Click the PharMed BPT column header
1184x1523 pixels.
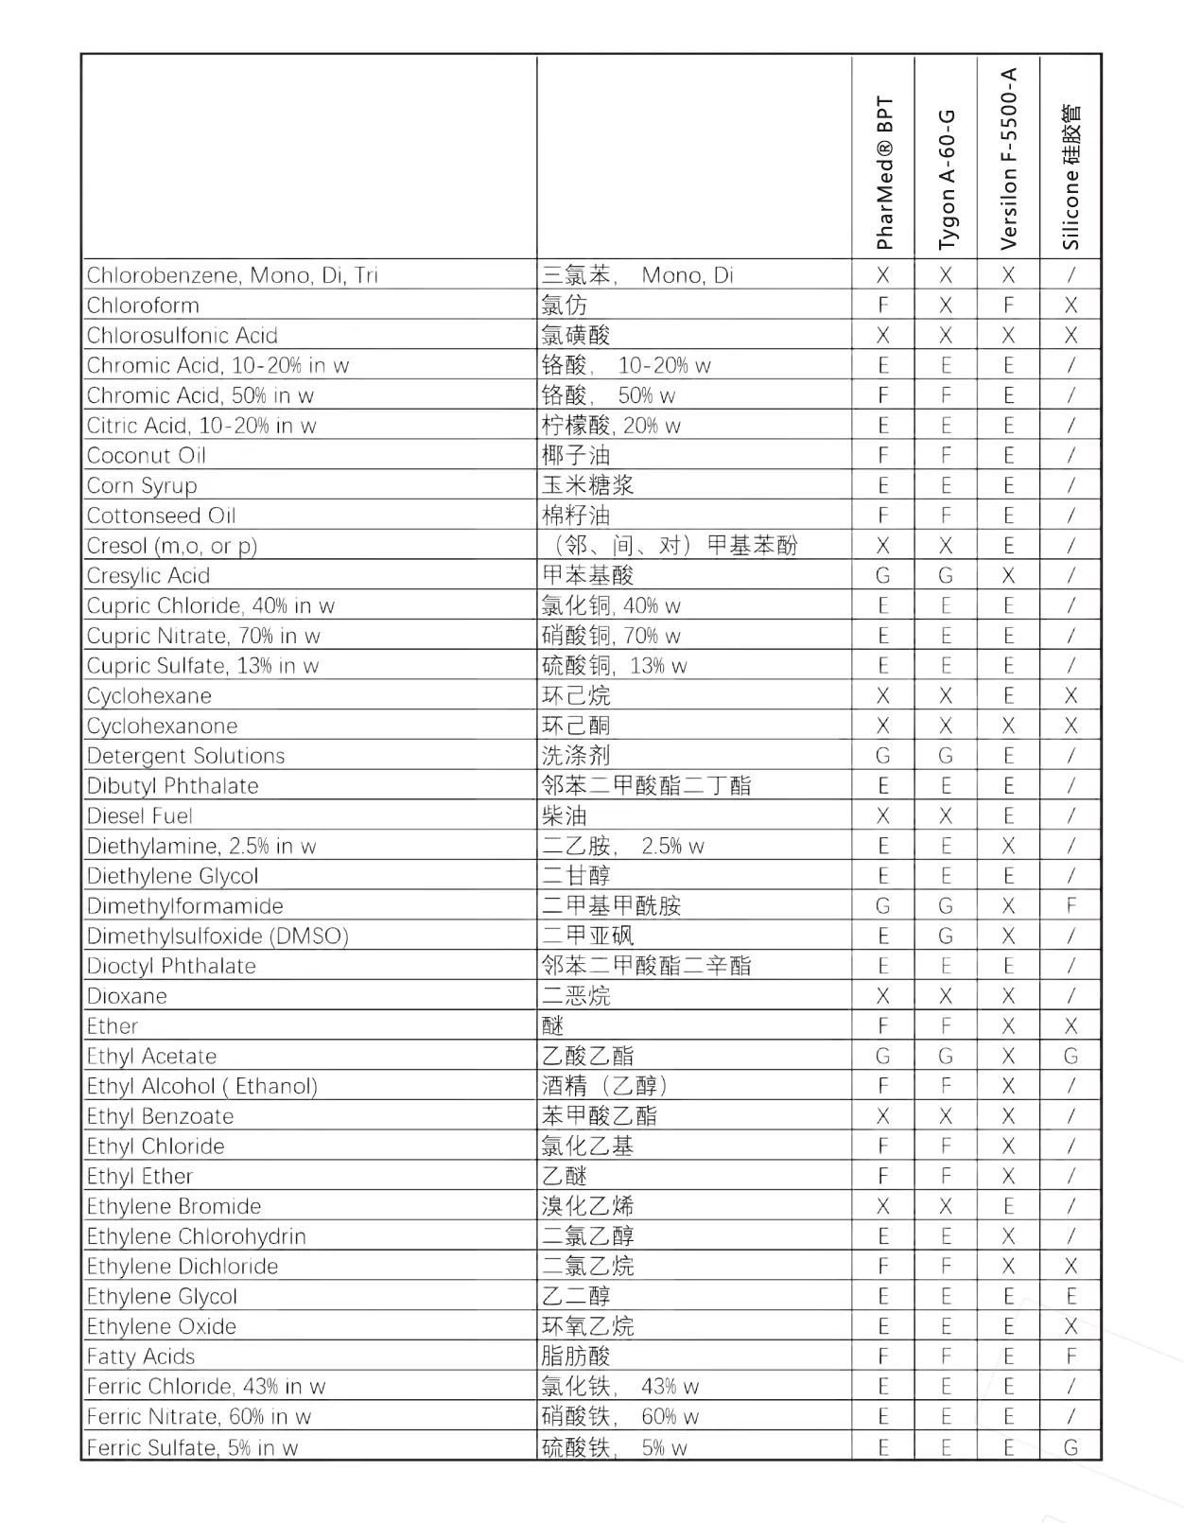pos(883,172)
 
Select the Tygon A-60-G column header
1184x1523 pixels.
pos(946,180)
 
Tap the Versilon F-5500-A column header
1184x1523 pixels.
pos(1008,159)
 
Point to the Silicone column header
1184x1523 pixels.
pos(1071,177)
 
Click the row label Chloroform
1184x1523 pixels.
pos(143,306)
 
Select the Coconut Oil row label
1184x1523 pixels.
pos(147,456)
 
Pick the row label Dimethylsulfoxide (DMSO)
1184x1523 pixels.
pos(218,937)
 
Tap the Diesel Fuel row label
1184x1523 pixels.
pos(139,816)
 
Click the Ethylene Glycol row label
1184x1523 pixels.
pos(162,1297)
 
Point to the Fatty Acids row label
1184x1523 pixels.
pos(141,1357)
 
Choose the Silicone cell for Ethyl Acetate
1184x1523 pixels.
pos(1071,1057)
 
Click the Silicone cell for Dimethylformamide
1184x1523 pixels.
pos(1071,906)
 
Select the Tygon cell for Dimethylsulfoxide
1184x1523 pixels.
pos(946,937)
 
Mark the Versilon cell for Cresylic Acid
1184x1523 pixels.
pos(1008,576)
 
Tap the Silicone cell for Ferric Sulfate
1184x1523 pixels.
pos(1071,1447)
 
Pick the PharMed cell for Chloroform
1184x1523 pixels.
pos(883,306)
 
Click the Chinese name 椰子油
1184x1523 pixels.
pos(576,456)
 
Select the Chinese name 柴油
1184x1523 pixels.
pos(565,816)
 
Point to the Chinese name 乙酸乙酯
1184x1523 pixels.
pos(587,1057)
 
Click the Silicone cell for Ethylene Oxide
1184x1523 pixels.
pos(1071,1327)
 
